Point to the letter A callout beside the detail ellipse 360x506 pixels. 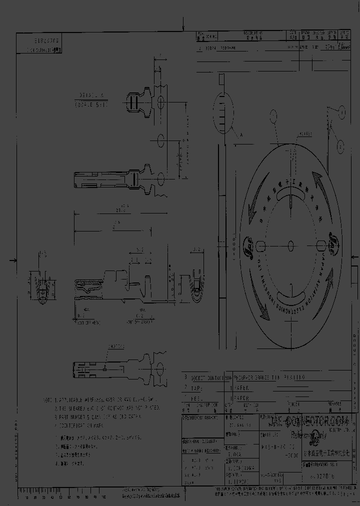click(x=242, y=134)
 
